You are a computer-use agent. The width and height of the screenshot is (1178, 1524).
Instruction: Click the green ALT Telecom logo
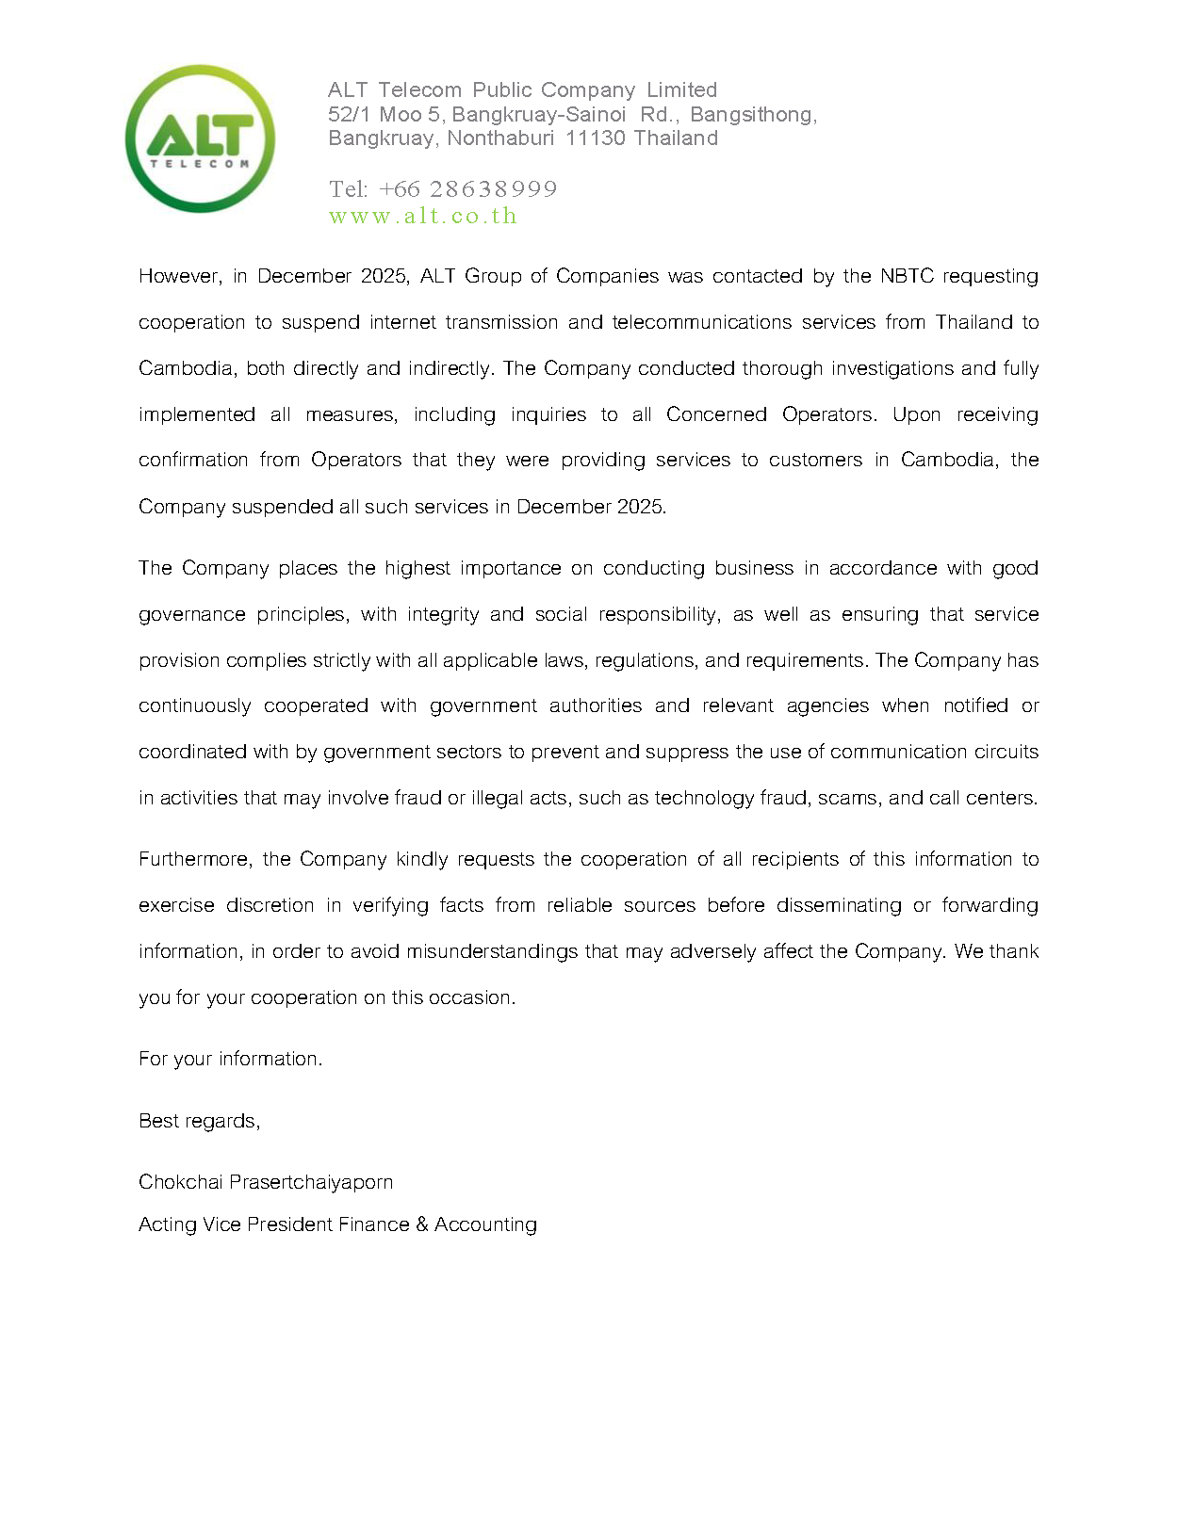[x=200, y=138]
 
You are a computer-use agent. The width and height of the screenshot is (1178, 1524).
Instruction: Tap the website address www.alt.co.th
[x=423, y=216]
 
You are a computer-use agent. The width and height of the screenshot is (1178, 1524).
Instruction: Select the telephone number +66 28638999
[x=467, y=189]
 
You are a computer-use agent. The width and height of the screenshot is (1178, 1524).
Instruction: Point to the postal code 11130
[x=595, y=138]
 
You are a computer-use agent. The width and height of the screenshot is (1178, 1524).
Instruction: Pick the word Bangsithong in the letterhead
[x=751, y=115]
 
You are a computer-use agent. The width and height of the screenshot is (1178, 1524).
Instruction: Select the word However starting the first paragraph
[x=179, y=276]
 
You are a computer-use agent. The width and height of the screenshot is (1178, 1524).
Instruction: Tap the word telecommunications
[x=702, y=322]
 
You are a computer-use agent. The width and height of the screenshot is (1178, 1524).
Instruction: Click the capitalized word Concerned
[x=716, y=414]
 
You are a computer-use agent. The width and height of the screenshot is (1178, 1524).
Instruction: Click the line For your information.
[x=230, y=1059]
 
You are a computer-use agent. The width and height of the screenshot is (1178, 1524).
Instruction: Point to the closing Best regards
[x=199, y=1121]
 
